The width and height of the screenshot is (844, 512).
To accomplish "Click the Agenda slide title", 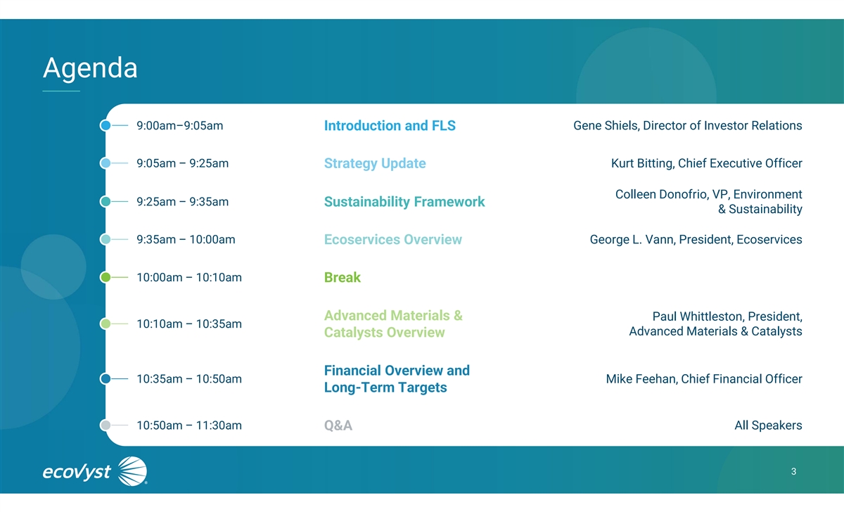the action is click(x=90, y=68).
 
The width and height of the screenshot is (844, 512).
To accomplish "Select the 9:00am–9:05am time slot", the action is click(x=180, y=125).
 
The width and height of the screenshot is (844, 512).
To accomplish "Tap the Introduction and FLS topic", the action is click(x=390, y=125).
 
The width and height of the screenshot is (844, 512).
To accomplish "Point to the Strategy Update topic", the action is click(x=375, y=163).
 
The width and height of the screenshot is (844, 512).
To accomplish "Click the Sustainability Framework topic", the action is click(x=404, y=202).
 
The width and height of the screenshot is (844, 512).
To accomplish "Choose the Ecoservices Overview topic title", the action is click(x=393, y=239).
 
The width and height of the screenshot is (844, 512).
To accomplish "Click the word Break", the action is click(x=342, y=277).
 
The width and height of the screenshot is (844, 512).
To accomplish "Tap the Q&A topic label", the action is click(x=338, y=425).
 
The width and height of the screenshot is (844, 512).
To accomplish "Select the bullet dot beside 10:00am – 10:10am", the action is click(x=105, y=277).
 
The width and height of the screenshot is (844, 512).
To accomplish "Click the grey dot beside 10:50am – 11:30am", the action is click(x=105, y=425).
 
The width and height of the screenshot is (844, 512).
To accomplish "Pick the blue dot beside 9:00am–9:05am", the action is click(x=105, y=125).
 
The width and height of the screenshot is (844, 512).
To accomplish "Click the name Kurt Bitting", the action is click(x=642, y=163).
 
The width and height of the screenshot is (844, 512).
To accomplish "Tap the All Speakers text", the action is click(x=768, y=425).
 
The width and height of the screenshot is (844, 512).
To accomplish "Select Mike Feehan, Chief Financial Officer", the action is click(x=704, y=378).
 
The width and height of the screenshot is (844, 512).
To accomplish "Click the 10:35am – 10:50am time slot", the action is click(x=189, y=378).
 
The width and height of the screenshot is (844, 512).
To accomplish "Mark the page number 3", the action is click(x=793, y=471).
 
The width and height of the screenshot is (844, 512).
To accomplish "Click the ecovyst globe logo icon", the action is click(x=132, y=471).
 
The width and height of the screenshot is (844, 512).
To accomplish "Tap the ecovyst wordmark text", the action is click(x=77, y=472).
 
